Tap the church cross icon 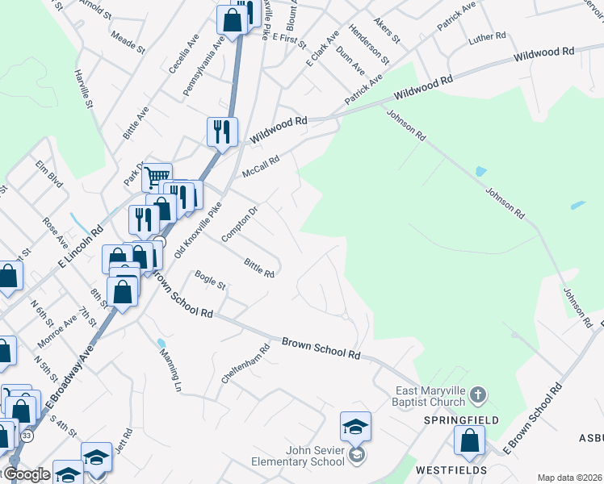click(477, 394)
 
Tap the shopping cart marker click(157, 175)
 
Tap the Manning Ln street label click(170, 370)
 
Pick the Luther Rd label click(487, 37)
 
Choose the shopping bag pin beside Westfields click(469, 441)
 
